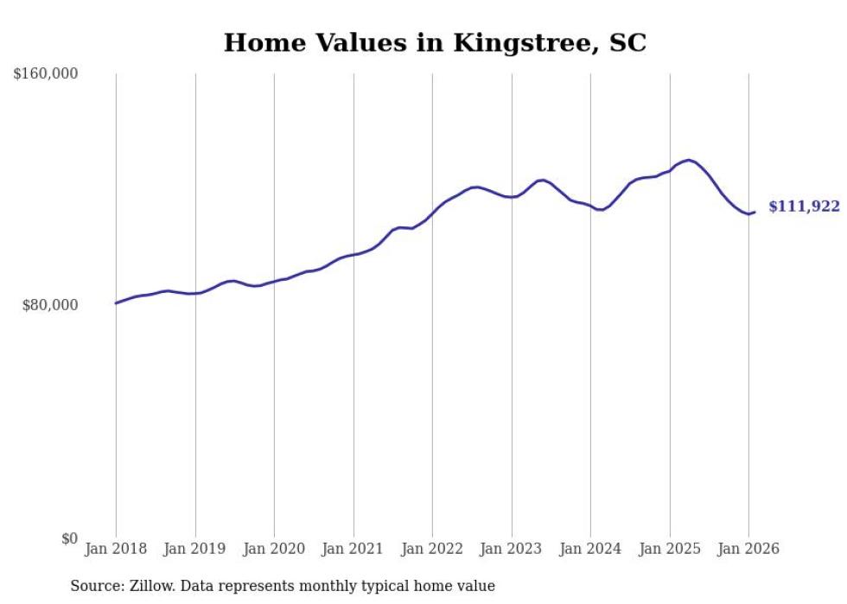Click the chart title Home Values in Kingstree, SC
click(435, 42)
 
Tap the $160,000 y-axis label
click(46, 74)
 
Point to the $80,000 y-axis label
click(50, 305)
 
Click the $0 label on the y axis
click(69, 538)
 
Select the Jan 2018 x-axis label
click(116, 549)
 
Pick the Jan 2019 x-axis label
click(195, 549)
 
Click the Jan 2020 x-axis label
click(274, 549)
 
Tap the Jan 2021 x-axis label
click(353, 549)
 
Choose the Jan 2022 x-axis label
click(432, 549)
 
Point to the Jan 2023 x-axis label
click(512, 549)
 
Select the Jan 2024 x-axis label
click(590, 549)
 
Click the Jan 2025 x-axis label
click(670, 549)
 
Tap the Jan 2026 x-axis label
click(748, 549)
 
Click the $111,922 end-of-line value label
click(804, 207)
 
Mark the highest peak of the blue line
click(688, 160)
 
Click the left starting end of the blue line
click(116, 303)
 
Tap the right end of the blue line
click(755, 212)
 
